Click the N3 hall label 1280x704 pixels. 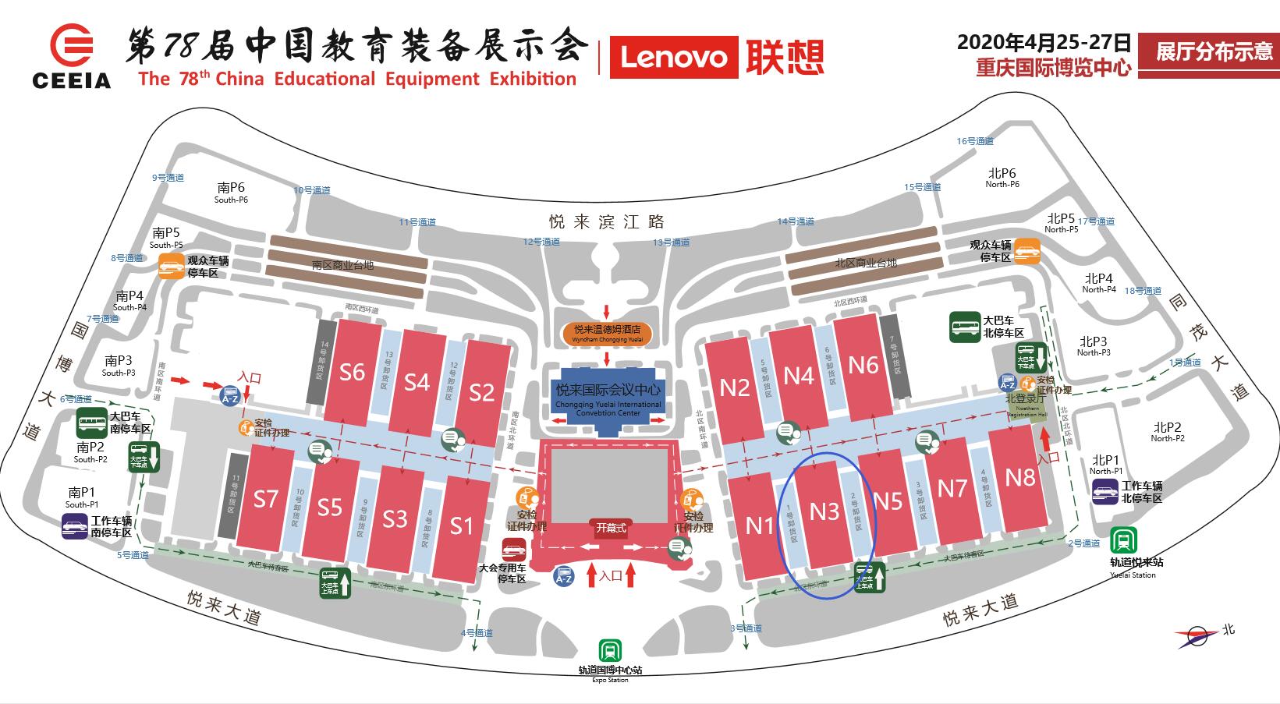click(824, 511)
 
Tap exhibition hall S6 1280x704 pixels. click(352, 372)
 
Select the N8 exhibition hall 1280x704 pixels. click(1019, 476)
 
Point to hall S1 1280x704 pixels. click(462, 526)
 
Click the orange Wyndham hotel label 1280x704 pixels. click(606, 333)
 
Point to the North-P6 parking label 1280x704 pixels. click(1002, 178)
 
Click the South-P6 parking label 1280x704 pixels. click(232, 192)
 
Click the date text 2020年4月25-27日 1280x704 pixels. click(1044, 42)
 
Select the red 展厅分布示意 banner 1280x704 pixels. click(1208, 52)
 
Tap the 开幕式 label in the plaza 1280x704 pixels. click(611, 528)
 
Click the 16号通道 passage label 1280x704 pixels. click(975, 141)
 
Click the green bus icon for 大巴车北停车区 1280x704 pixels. click(965, 327)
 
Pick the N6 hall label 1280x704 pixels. click(863, 365)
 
